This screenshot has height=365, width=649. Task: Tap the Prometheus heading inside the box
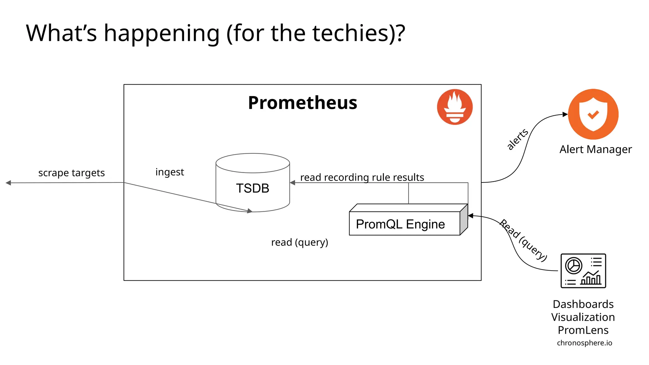(x=302, y=103)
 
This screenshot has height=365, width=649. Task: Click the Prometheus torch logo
(x=454, y=107)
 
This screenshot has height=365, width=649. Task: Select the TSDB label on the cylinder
(x=253, y=188)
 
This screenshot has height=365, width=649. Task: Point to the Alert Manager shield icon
(x=593, y=114)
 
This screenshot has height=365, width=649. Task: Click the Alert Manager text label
(x=595, y=149)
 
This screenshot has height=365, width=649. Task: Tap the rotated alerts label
(x=517, y=139)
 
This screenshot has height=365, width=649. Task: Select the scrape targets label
(x=71, y=173)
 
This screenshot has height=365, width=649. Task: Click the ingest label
(x=170, y=172)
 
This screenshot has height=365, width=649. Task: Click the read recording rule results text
(x=362, y=177)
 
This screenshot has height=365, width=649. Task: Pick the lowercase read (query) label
(x=299, y=242)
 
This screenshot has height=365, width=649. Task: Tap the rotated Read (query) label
(x=523, y=240)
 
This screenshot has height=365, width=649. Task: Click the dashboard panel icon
(x=583, y=271)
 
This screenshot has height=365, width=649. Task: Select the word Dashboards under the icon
(x=583, y=304)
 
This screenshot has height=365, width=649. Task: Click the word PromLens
(x=583, y=330)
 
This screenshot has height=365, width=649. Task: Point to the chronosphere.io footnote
(x=584, y=343)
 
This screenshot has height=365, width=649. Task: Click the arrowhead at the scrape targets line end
(x=9, y=183)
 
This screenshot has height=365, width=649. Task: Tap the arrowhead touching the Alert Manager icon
(x=565, y=114)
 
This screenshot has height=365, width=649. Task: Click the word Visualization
(x=583, y=317)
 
